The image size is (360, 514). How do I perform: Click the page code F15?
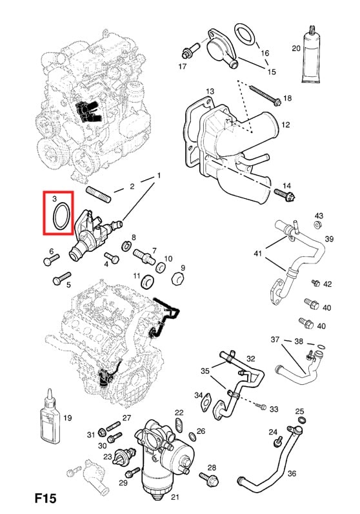[x=45, y=499]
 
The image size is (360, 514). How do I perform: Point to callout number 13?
[x=210, y=91]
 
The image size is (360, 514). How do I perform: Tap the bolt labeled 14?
[x=285, y=193]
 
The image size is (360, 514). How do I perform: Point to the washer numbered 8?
[x=128, y=248]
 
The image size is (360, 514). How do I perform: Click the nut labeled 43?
[x=318, y=225]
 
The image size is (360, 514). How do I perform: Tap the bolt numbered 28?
[x=210, y=478]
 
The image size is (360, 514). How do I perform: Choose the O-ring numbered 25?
[x=300, y=422]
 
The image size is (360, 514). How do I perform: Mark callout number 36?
[x=292, y=473]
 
